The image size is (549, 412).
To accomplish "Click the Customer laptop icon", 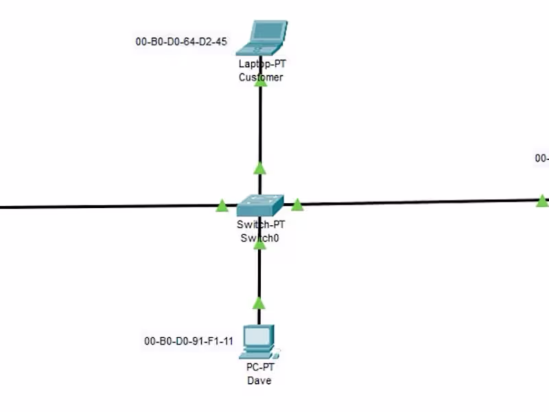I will [261, 38].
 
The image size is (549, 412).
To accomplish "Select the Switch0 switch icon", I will [260, 205].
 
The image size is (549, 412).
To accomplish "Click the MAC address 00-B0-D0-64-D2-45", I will [181, 42].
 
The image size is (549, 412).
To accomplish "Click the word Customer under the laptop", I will [261, 78].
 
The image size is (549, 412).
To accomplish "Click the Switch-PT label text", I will [260, 225].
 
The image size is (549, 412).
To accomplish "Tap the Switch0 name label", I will [260, 238].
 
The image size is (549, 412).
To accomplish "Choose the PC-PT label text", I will [259, 367].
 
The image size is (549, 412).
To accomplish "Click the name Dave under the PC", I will [259, 380].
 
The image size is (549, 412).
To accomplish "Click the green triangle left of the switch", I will [222, 205].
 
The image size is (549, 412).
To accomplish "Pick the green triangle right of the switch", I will [297, 205].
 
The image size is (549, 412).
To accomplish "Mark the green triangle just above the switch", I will [259, 168].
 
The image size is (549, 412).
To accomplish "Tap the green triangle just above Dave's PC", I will [258, 303].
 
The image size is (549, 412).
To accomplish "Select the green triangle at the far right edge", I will [542, 201].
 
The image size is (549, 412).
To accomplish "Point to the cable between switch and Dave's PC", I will [259, 275].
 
